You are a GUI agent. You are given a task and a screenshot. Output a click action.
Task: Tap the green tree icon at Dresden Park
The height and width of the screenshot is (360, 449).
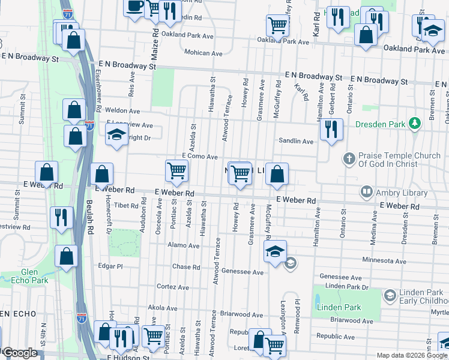[x=413, y=124]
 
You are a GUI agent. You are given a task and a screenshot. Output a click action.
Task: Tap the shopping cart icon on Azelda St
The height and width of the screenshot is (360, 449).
[x=177, y=171]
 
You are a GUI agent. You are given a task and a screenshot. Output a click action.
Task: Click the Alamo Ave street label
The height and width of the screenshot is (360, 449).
[x=184, y=245]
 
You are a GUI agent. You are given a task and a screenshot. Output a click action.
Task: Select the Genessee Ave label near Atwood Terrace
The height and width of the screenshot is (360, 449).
[x=243, y=272]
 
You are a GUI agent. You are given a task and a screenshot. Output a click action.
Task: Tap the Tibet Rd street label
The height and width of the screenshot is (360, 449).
[x=127, y=205]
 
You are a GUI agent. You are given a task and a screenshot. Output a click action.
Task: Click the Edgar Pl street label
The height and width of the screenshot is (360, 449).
[x=110, y=266]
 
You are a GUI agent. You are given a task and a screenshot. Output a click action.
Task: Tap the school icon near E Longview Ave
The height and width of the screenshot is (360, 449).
[x=116, y=135]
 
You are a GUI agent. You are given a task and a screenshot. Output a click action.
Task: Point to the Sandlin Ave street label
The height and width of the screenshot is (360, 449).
[x=295, y=142]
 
